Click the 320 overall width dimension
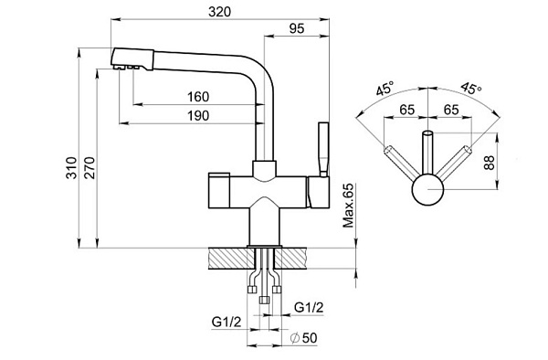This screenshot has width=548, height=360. pos(219,12)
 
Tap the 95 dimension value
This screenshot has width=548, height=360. pos(297,28)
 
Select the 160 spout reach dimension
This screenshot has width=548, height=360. pos(198,97)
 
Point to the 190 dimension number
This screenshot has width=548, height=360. pos(198,116)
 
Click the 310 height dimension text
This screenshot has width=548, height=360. pos(71,168)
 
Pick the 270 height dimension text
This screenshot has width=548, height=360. pos(90,168)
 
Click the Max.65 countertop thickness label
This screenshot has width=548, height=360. pos(348,206)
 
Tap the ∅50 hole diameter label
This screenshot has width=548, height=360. pos(304,338)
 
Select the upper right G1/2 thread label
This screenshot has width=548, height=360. pos(309,308)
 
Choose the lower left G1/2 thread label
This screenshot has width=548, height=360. pos(227,322)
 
